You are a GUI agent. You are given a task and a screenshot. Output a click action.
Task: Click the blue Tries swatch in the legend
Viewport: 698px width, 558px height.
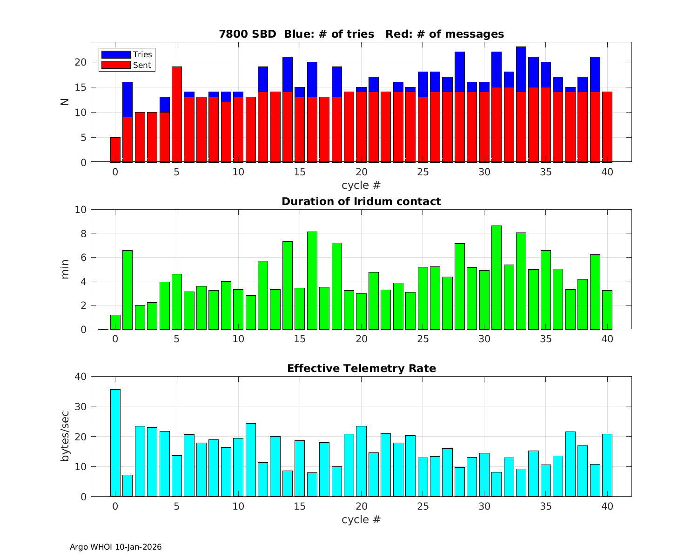pos(115,54)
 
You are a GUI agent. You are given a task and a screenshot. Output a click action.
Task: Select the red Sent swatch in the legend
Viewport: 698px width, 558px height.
pos(115,65)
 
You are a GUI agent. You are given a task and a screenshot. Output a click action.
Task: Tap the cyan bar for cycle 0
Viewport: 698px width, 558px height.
pos(115,443)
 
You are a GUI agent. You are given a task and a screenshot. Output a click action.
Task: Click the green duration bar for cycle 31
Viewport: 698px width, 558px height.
pos(497,278)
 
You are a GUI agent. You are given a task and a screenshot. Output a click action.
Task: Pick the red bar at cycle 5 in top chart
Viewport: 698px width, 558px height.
pos(177,114)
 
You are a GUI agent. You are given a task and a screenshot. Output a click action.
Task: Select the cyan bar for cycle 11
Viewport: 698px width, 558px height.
pos(251,460)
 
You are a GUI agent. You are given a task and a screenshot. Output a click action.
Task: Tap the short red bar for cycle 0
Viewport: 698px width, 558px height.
pos(115,150)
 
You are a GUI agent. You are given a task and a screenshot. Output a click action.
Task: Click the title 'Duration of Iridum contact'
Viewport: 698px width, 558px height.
pos(361,201)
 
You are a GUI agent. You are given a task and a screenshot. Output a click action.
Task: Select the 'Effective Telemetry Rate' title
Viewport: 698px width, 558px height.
pos(361,368)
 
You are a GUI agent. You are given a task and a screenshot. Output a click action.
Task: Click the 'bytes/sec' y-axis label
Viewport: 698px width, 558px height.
pos(65,436)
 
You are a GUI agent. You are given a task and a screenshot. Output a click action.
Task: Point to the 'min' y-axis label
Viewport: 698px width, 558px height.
pos(65,269)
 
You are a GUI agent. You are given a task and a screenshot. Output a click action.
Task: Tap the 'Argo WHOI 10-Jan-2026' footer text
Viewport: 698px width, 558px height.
pos(115,547)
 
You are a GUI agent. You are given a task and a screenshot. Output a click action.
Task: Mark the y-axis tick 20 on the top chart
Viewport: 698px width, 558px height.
pos(80,62)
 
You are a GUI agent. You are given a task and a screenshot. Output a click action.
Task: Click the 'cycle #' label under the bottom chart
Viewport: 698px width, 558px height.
pos(361,519)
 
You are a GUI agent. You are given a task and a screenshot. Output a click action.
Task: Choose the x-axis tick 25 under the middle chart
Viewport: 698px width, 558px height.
pos(423,339)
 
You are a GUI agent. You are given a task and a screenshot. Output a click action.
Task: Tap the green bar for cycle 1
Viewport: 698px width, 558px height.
pos(128,290)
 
